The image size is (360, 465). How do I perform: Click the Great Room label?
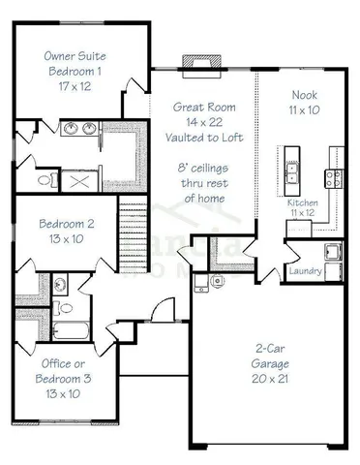click(200, 107)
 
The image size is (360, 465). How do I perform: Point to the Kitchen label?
click(303, 202)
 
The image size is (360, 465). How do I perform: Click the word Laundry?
click(306, 270)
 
